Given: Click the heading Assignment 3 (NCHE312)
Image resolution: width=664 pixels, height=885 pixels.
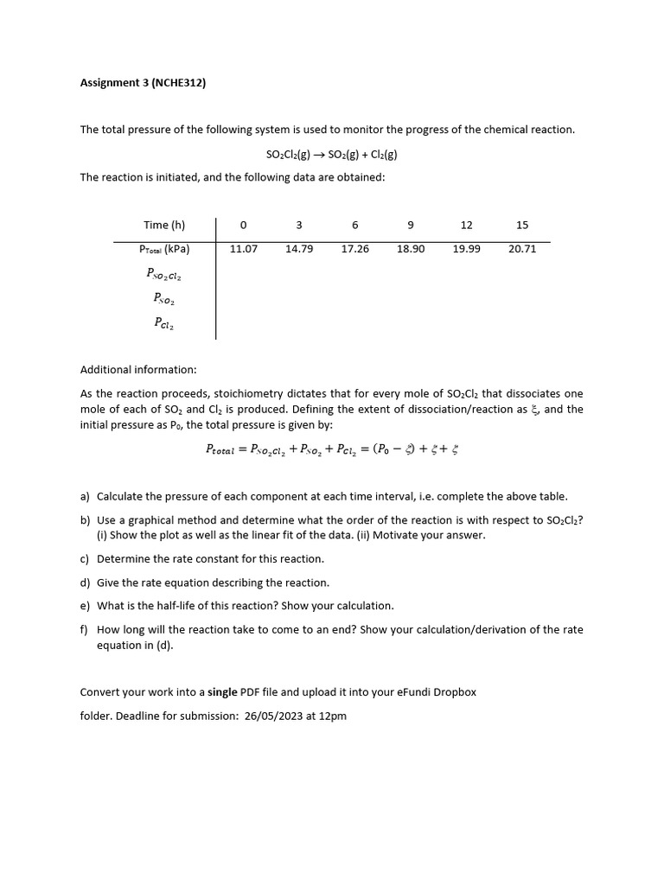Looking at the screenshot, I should [143, 84].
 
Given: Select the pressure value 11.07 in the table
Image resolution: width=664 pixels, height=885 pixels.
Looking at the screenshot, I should [244, 249].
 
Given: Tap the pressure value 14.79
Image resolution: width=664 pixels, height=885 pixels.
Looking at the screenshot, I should [299, 249].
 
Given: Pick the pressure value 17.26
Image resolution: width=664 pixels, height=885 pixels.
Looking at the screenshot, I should [354, 249].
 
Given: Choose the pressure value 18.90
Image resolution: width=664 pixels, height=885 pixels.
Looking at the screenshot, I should [411, 249].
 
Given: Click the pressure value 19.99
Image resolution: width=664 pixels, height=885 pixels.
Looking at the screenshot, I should [466, 249].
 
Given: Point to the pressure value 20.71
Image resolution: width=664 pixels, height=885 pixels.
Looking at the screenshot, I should [522, 249].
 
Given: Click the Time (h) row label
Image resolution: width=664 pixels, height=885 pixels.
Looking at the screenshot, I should [164, 226].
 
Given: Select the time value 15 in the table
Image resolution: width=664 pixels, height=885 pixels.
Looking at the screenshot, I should [522, 226].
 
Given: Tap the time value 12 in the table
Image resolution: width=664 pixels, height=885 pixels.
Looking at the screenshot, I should [466, 226].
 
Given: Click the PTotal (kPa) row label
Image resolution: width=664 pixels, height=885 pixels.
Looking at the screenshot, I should [164, 249].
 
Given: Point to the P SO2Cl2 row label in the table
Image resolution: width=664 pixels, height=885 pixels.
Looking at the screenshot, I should [164, 274].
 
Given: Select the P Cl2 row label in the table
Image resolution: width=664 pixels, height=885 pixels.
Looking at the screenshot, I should [164, 323].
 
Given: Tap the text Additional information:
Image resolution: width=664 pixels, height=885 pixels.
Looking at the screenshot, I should [138, 370].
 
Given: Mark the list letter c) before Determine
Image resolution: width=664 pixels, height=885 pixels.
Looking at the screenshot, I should [85, 559].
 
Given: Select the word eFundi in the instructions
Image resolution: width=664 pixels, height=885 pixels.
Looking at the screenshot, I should [405, 692].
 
